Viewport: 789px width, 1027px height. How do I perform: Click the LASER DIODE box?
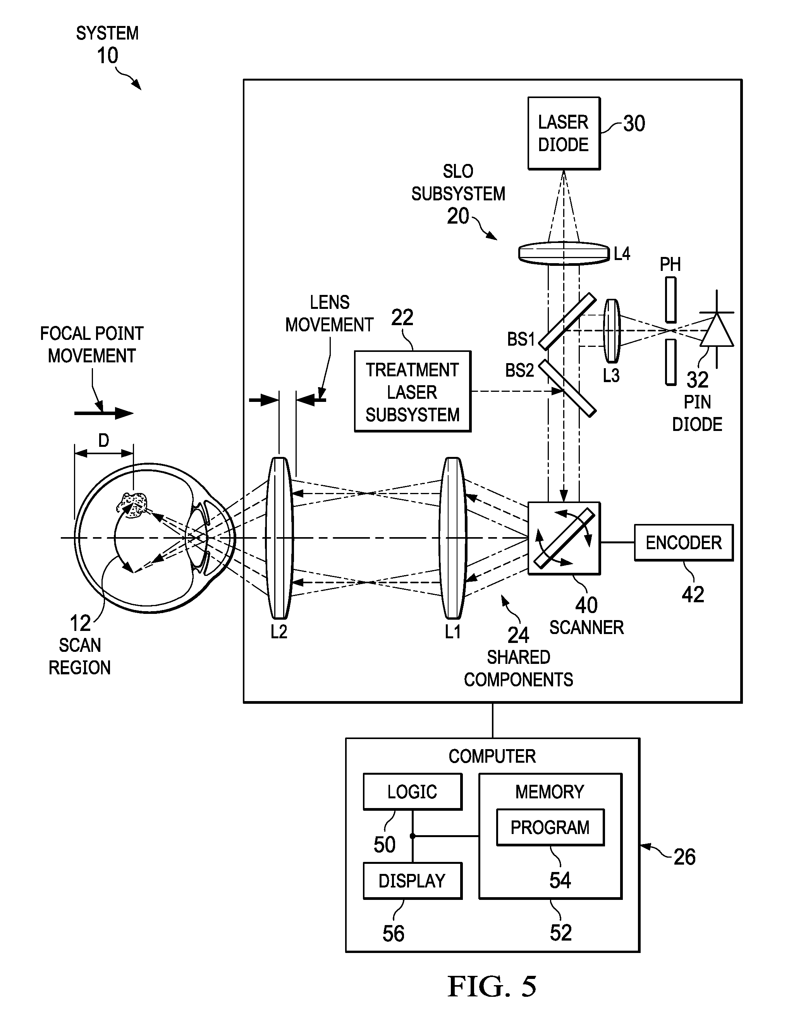point(564,133)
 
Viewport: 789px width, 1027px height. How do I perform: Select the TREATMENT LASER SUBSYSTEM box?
point(413,391)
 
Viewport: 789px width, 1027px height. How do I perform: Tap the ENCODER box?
point(684,543)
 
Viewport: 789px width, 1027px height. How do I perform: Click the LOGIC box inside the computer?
point(413,792)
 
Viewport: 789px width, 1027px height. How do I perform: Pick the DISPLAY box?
point(413,881)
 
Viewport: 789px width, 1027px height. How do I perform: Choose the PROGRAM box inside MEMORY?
point(550,827)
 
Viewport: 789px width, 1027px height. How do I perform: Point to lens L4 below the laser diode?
point(564,254)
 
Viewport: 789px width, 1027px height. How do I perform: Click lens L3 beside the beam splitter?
point(612,331)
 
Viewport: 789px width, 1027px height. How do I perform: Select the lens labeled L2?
point(279,538)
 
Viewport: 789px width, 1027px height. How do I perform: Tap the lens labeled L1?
point(453,538)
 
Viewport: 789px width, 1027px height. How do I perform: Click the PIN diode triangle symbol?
point(717,330)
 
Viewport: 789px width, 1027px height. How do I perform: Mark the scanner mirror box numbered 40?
point(564,538)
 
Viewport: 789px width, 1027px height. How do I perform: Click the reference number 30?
point(634,124)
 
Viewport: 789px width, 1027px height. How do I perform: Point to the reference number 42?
point(693,595)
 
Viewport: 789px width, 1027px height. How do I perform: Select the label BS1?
point(521,339)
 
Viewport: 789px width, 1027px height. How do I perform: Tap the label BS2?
point(520,370)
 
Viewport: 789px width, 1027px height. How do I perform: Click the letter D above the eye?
point(103,441)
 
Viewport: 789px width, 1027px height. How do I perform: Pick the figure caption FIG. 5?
point(492,986)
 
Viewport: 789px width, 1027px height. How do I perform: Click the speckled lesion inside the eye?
point(132,505)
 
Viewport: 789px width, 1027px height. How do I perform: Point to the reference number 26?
point(684,857)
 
